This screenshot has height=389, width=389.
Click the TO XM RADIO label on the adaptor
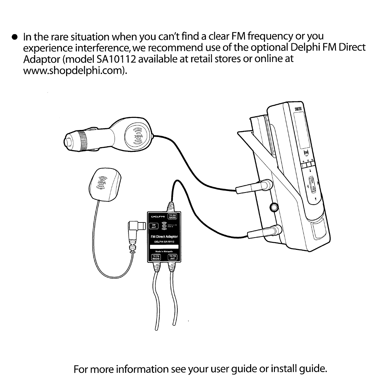coord(172,216)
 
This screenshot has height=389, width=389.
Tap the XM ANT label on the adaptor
coord(154,226)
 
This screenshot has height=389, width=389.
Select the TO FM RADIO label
coord(156,257)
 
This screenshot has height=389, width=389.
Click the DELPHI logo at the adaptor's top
coord(158,217)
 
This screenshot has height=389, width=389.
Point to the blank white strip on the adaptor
coord(164,247)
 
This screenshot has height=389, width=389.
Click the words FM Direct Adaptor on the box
coord(164,236)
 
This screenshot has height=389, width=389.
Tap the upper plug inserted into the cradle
coord(254,188)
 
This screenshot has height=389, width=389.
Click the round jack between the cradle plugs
coord(274,208)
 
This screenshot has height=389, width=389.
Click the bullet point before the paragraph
coord(14,37)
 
